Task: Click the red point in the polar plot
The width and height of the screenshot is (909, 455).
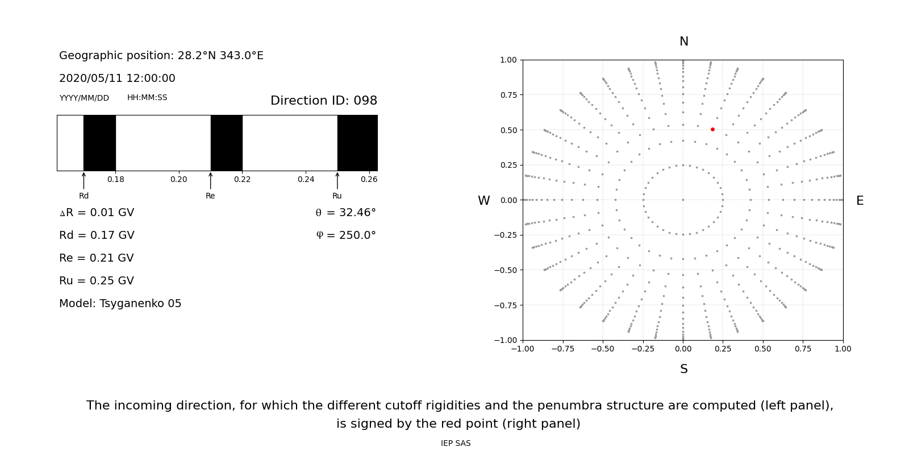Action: point(712,130)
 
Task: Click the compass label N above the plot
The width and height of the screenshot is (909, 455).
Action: point(684,42)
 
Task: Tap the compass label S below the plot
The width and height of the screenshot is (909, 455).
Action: point(684,369)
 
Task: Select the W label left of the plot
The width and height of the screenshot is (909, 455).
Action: point(483,201)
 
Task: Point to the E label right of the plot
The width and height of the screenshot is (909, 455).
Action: point(860,201)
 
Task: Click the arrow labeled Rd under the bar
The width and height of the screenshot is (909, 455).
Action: point(84,180)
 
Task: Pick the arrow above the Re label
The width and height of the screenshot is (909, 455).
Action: point(210,180)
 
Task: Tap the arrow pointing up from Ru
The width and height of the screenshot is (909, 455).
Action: point(337,180)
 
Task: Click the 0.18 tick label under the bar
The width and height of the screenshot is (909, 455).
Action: point(116,180)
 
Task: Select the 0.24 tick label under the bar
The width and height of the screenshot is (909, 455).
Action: point(306,180)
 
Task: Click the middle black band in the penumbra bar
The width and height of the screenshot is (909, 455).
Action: point(226,143)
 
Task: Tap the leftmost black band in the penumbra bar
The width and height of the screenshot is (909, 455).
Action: point(99,143)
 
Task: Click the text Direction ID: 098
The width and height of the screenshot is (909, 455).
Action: point(324,101)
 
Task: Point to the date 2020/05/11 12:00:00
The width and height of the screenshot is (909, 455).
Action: point(117,78)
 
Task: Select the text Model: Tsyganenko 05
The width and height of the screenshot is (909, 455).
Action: point(120,304)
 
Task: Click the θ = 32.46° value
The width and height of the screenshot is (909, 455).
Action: point(345,213)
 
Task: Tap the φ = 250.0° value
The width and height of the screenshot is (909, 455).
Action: point(346,235)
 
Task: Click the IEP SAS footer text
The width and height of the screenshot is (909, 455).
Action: point(456,444)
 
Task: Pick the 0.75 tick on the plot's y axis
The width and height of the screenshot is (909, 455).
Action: point(508,95)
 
